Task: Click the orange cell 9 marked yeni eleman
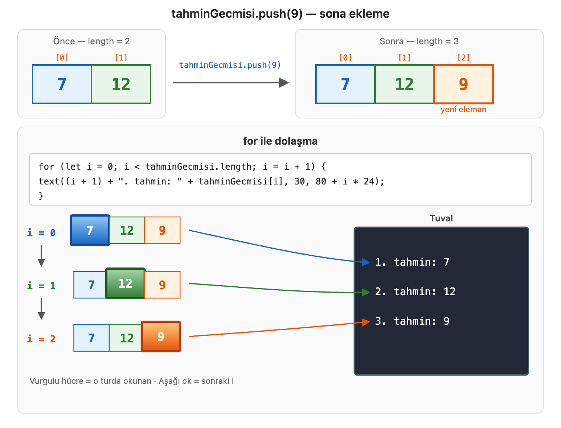[x=463, y=84]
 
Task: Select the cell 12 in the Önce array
[x=121, y=84]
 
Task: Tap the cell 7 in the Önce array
[x=62, y=84]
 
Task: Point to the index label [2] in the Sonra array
[x=463, y=57]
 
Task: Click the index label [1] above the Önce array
[x=121, y=57]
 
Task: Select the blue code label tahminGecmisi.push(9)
[x=230, y=65]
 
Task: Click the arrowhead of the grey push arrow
[x=284, y=83]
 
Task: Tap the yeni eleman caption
[x=463, y=109]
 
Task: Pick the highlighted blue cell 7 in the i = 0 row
[x=90, y=230]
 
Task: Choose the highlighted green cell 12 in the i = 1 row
[x=125, y=283]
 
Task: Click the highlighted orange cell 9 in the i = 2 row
[x=161, y=336]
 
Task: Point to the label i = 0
[x=41, y=233]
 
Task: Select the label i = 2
[x=41, y=339]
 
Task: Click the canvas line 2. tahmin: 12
[x=415, y=291]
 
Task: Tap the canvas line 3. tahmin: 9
[x=412, y=321]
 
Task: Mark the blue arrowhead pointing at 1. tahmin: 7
[x=366, y=262]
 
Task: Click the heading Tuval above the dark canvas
[x=441, y=218]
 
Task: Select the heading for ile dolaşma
[x=280, y=141]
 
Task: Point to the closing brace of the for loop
[x=41, y=196]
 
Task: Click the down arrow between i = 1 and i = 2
[x=41, y=309]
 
